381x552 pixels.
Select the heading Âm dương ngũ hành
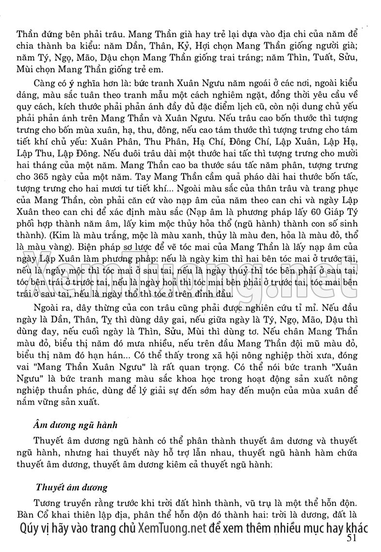coord(76,425)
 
